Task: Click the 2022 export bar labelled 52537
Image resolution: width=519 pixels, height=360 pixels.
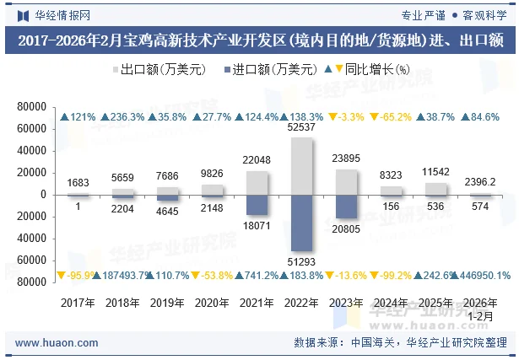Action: [301, 165]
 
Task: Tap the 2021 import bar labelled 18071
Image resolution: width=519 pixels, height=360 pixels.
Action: [257, 204]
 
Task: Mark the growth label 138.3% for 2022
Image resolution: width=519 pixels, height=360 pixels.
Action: [303, 116]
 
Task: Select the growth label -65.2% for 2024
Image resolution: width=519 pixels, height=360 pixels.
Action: [392, 116]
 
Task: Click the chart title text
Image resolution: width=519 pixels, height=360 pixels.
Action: [259, 40]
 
